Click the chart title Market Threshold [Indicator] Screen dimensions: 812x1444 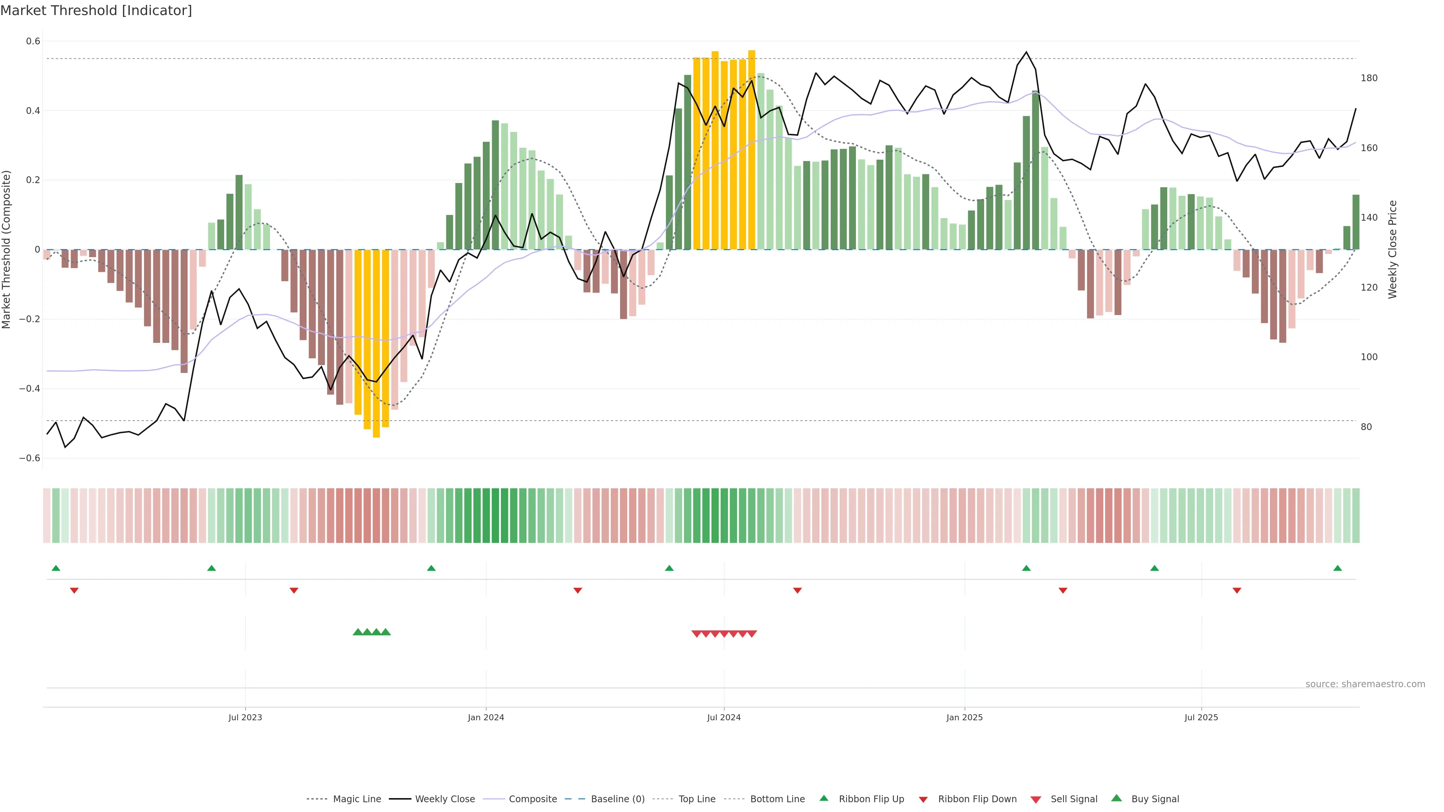coord(96,11)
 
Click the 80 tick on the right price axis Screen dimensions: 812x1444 coord(1367,427)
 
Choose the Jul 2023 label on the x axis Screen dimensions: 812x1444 coord(245,717)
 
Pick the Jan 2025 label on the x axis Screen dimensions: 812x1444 coord(964,717)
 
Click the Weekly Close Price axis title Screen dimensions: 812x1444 coord(1393,249)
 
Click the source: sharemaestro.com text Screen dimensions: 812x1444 coord(1365,684)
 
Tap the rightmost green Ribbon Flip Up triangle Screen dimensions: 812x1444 coord(1338,568)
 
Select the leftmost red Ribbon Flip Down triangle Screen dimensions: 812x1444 coord(74,591)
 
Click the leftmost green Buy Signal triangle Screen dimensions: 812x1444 coord(358,632)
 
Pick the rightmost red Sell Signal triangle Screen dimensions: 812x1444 coord(752,634)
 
